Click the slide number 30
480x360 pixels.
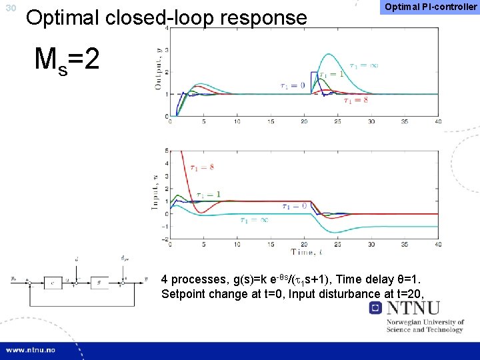tap(9, 8)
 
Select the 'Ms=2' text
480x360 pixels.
tap(67, 61)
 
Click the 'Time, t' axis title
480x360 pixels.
tap(308, 252)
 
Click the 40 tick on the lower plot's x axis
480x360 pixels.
tap(437, 244)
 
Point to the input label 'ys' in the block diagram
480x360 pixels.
tap(13, 278)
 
